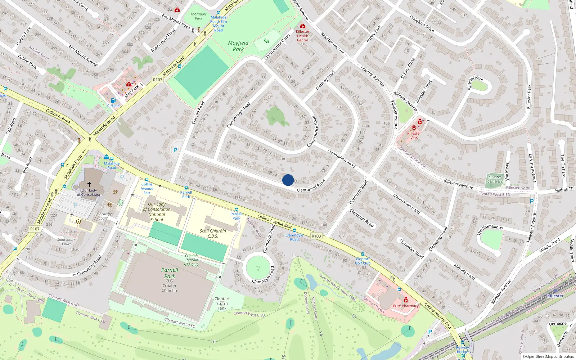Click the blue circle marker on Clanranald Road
tap(288, 180)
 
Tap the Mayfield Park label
tap(238, 46)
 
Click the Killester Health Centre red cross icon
tap(303, 26)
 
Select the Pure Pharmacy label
tap(406, 306)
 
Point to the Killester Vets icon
tap(414, 128)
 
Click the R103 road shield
tap(316, 236)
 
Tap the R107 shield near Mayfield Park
tap(157, 80)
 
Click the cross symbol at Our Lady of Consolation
tap(89, 184)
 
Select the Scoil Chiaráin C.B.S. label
tap(213, 234)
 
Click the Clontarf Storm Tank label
tap(222, 303)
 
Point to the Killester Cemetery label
tap(495, 179)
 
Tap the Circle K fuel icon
tap(113, 101)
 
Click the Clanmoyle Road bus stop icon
tap(294, 230)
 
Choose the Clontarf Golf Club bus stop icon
tap(363, 254)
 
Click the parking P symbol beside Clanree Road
tap(175, 150)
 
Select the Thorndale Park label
tap(198, 16)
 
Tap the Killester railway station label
tap(555, 296)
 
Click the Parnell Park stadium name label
tap(170, 273)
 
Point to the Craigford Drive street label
tap(422, 24)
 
